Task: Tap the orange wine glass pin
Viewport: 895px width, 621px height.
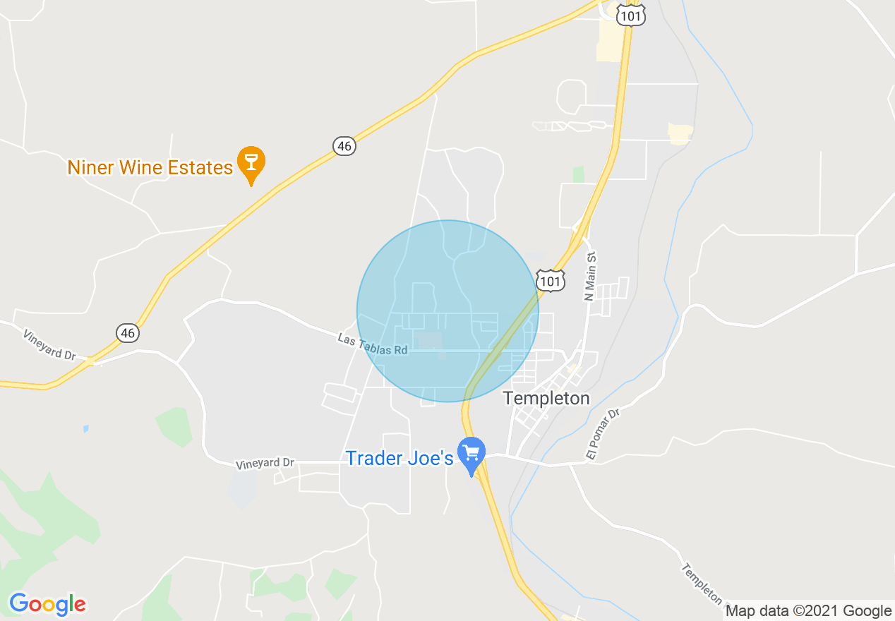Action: coord(251,162)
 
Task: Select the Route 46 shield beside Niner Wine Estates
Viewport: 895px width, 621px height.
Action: coord(344,146)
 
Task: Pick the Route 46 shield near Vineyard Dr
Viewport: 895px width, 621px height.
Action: coord(128,332)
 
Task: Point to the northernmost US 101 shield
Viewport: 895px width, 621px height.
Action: coord(630,15)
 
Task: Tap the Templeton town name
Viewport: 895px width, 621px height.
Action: coord(546,399)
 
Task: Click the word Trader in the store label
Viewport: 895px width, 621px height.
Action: coord(373,458)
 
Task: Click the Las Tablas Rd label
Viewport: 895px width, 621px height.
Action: coord(373,344)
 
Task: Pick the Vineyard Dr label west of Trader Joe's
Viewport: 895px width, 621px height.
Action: coord(265,463)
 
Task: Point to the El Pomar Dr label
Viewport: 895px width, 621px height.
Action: coord(602,434)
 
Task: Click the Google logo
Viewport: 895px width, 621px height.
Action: coord(47,604)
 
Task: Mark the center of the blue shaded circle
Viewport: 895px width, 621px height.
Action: coord(448,311)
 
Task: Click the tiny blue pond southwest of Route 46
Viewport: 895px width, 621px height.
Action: coord(85,428)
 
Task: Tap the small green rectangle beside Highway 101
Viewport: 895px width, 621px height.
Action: coord(579,174)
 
